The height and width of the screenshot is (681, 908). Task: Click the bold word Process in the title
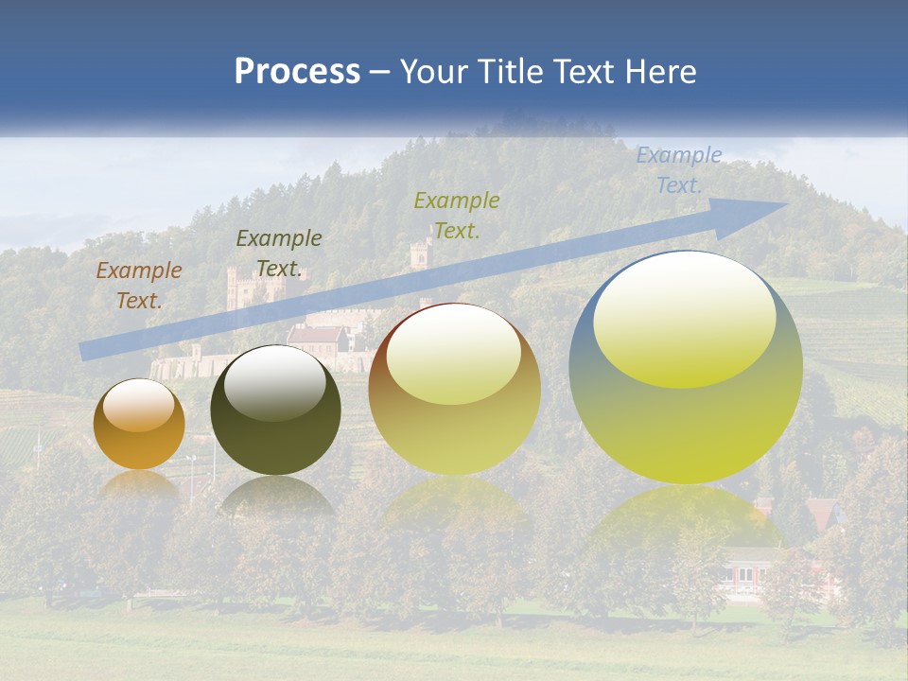[x=297, y=72]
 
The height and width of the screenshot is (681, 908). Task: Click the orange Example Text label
[x=138, y=286]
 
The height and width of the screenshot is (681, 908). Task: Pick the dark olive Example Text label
[x=278, y=253]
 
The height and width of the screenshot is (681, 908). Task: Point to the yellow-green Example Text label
[x=456, y=215]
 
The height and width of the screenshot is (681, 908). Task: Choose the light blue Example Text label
[x=678, y=170]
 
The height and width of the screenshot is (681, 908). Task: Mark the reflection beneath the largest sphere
[x=686, y=520]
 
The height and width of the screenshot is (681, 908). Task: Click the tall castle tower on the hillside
[x=420, y=260]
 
